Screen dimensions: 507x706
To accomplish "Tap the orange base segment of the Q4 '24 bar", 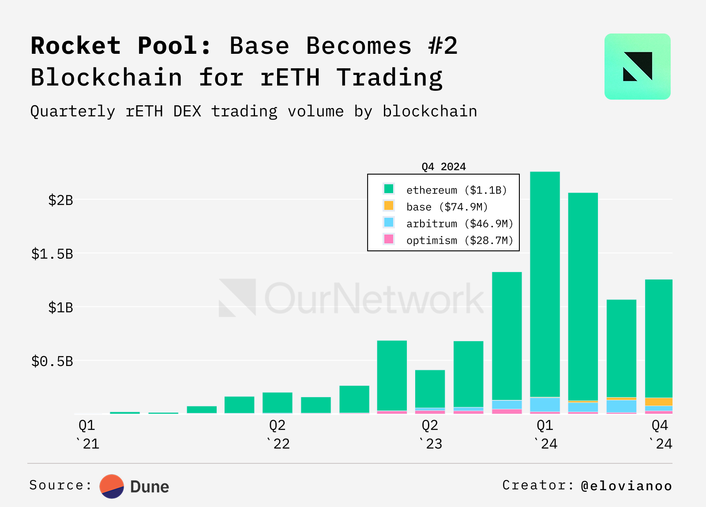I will tap(659, 402).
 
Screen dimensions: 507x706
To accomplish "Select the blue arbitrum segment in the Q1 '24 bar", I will tap(545, 404).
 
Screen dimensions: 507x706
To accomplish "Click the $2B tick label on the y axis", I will tap(61, 201).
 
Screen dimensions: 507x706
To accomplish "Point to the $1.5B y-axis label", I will tap(52, 254).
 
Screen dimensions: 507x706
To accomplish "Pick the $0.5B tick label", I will tap(52, 362).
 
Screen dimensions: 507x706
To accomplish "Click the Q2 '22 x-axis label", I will tap(278, 434).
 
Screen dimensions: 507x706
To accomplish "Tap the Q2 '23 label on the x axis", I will tap(430, 434).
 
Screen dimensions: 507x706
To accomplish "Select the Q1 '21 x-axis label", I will tap(87, 434).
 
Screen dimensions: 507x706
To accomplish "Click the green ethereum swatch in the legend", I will tap(389, 189).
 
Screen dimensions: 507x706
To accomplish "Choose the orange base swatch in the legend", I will tap(389, 206).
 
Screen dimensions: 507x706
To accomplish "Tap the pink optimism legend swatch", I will tap(389, 239).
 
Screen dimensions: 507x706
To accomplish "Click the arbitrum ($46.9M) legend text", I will tap(460, 224).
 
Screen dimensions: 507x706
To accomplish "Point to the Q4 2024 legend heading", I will tap(443, 167).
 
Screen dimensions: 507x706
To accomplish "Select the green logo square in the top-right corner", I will tap(637, 67).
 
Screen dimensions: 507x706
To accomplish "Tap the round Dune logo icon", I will tap(112, 486).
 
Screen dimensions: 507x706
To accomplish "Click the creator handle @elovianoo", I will tap(627, 486).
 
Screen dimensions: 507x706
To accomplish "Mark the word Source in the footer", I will tap(56, 485).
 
